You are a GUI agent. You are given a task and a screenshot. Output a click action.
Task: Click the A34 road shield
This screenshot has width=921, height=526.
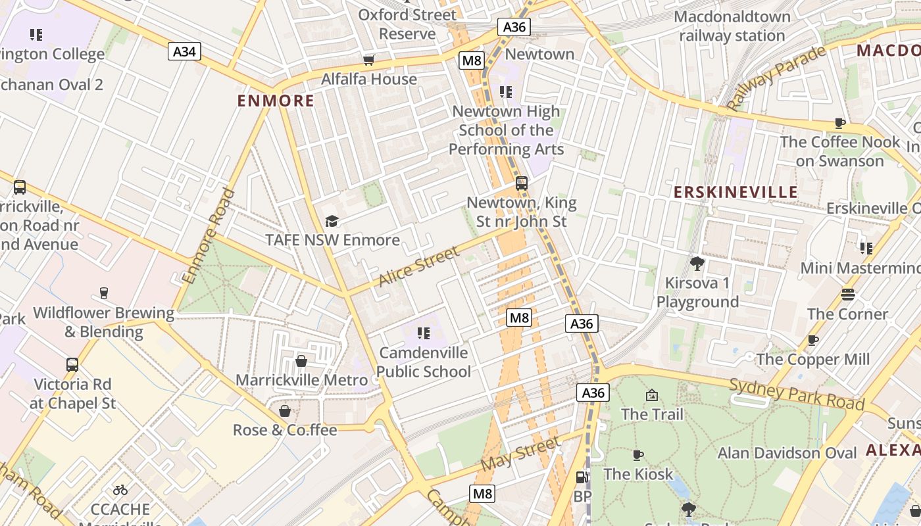(x=184, y=51)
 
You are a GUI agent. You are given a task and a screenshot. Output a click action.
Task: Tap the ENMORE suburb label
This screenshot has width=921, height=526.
(x=276, y=101)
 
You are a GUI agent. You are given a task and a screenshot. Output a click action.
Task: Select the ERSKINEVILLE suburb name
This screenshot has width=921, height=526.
(x=735, y=192)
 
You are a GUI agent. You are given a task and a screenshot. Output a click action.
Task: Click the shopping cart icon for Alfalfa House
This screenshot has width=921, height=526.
(x=369, y=60)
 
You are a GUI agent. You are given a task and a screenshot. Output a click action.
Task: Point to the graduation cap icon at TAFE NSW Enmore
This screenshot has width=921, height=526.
(x=332, y=222)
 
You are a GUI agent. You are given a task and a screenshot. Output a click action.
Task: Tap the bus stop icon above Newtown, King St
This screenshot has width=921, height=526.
(x=521, y=183)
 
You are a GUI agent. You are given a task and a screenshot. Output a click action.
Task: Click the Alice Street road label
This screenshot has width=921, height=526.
(x=418, y=266)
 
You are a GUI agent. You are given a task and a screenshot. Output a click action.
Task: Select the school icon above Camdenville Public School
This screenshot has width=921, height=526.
(x=424, y=333)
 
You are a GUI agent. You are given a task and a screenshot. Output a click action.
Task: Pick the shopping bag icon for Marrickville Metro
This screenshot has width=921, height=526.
(x=301, y=361)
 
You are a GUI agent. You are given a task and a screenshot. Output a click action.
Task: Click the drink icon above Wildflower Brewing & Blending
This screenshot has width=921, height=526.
(x=103, y=293)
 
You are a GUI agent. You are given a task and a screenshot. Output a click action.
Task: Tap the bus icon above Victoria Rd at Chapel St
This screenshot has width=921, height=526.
(x=72, y=364)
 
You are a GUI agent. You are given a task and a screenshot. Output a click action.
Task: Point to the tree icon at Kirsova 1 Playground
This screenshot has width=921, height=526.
(x=697, y=264)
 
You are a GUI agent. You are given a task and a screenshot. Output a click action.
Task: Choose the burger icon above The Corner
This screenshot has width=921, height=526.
(x=848, y=295)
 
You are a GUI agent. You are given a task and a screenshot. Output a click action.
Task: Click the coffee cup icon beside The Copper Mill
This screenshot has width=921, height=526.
(x=813, y=341)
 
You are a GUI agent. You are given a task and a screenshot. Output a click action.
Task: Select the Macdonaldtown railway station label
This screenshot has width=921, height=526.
(x=732, y=26)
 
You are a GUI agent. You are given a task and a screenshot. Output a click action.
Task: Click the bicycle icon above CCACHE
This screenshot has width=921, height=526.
(x=120, y=490)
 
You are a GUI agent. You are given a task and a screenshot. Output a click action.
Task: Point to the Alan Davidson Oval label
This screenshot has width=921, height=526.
(x=787, y=453)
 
